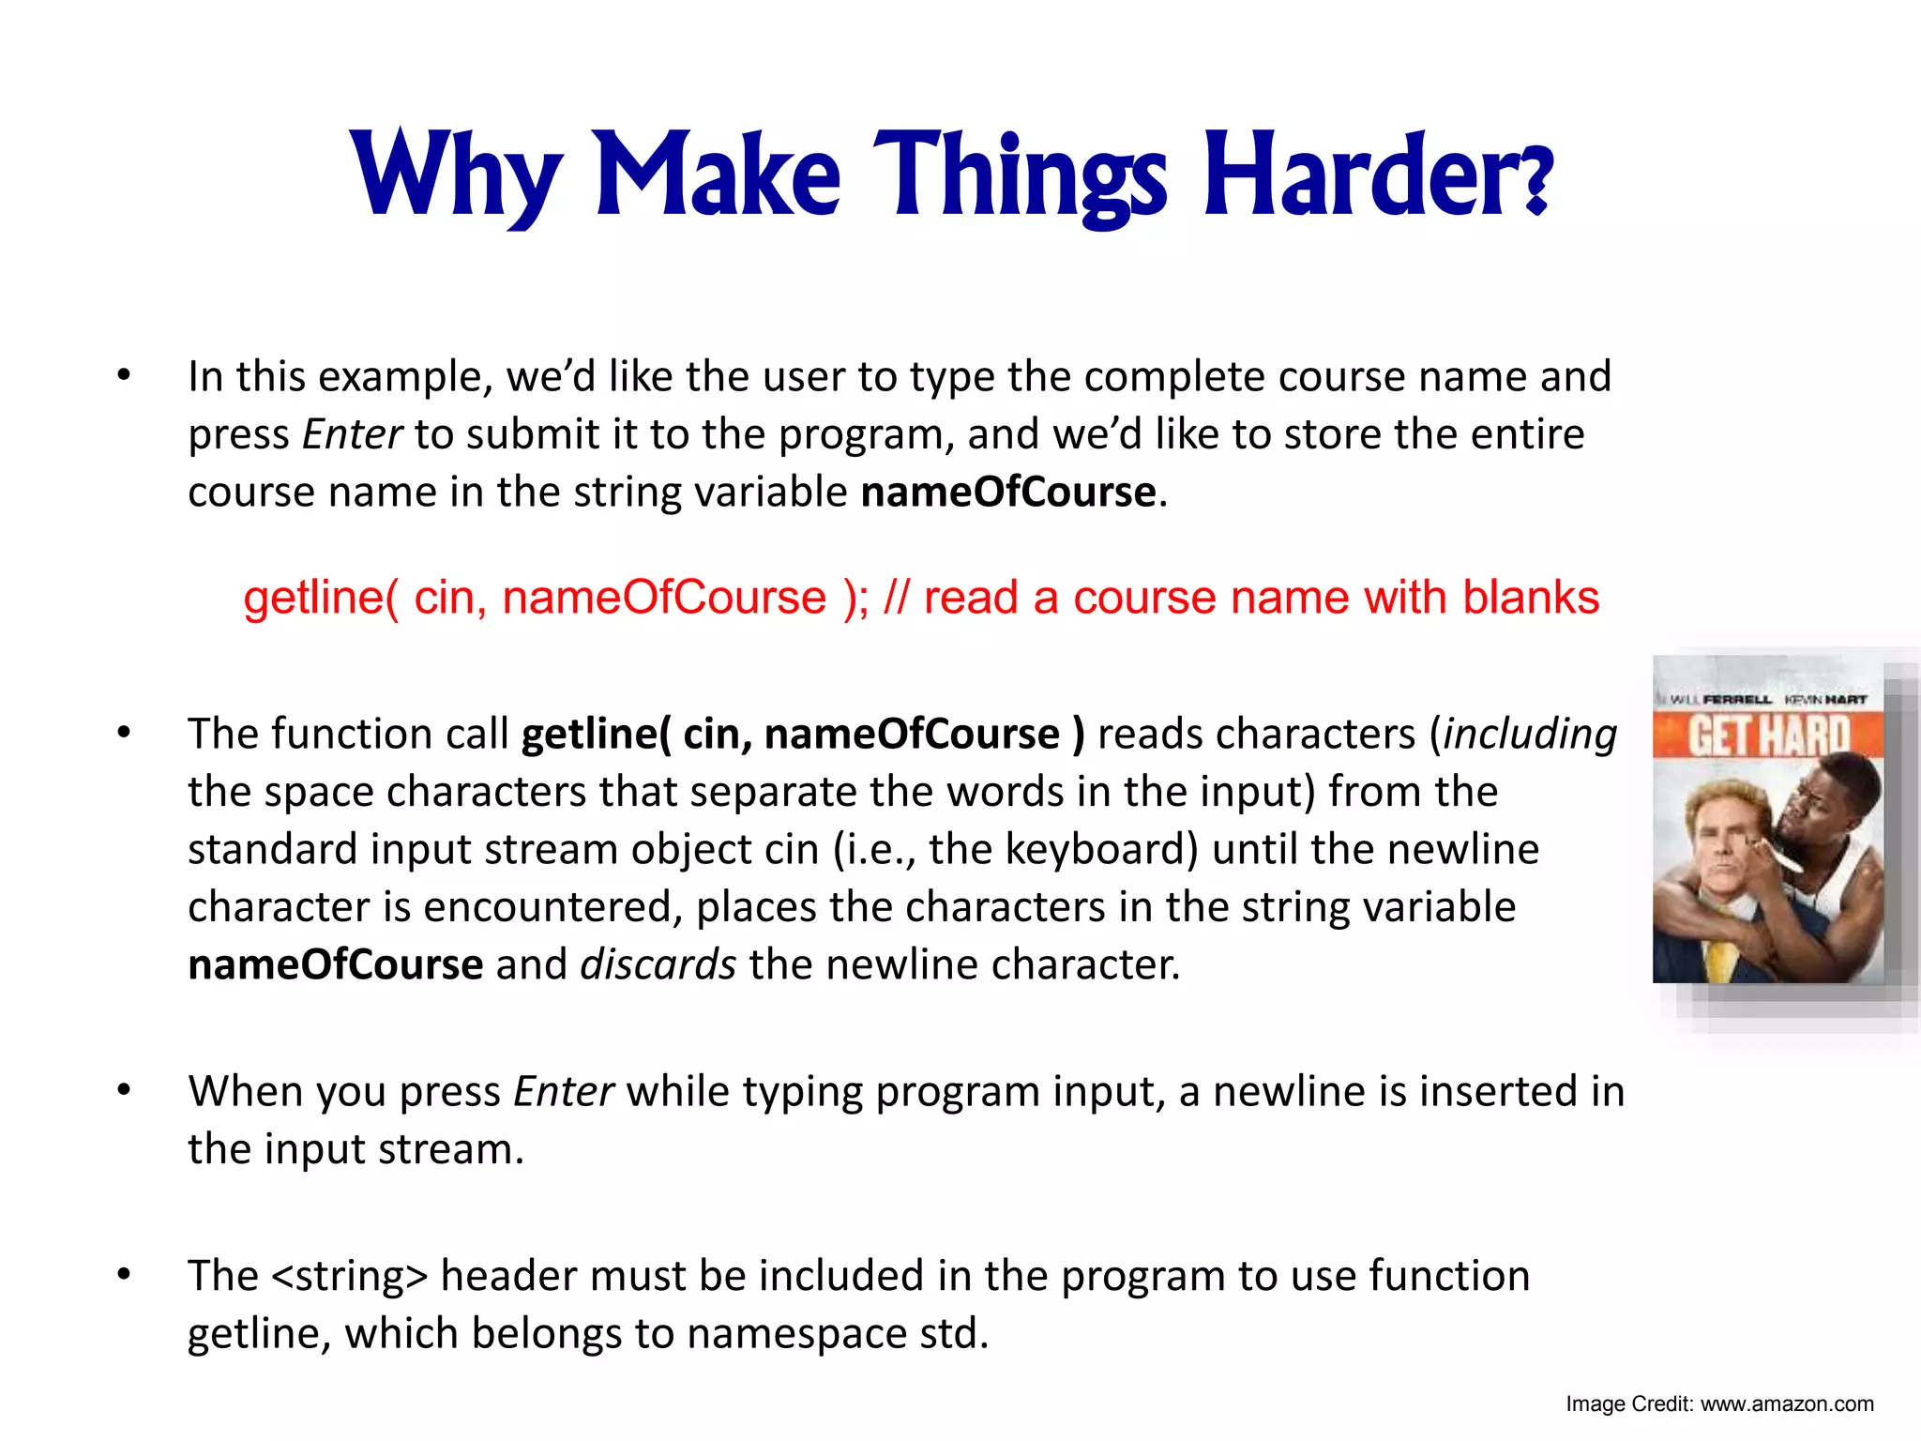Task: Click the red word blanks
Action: [1531, 598]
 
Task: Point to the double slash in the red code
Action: [896, 598]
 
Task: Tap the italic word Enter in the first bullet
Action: [352, 434]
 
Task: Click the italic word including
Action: [1530, 735]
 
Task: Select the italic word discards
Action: [658, 964]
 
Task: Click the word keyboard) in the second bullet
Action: [1101, 849]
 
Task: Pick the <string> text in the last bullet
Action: [349, 1276]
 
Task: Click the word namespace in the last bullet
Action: [796, 1334]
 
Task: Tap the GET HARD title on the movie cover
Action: [1769, 737]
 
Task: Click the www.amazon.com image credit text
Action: [1786, 1404]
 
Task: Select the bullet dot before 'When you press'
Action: [124, 1090]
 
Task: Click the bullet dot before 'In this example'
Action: [124, 375]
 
